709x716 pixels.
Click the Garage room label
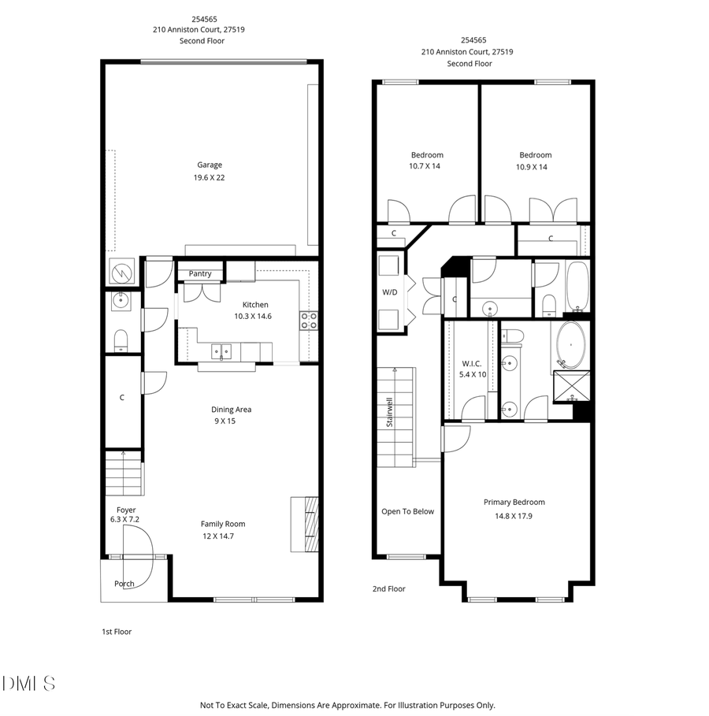(x=210, y=165)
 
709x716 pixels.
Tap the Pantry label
(x=200, y=274)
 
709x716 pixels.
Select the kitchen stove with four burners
(x=309, y=321)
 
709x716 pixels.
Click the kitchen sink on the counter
(x=221, y=351)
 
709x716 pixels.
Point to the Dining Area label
(x=231, y=410)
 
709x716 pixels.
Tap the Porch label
(x=124, y=584)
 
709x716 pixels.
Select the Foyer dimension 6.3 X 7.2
(x=124, y=520)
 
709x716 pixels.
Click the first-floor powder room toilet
(x=121, y=339)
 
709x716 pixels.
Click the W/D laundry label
(x=389, y=292)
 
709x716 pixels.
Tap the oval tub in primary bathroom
(x=572, y=344)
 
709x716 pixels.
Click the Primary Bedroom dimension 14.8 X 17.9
(x=514, y=516)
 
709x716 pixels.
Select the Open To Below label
(x=407, y=511)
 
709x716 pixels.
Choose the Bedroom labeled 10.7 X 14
(x=426, y=167)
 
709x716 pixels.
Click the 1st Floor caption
(x=116, y=632)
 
